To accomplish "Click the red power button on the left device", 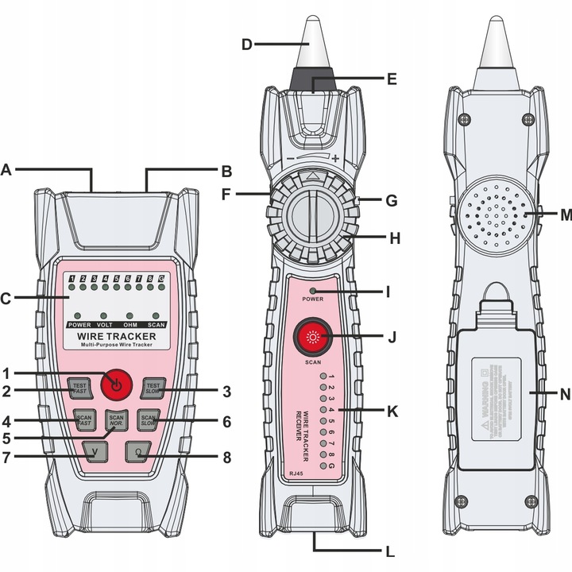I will (x=116, y=385).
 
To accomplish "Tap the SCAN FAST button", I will (x=83, y=420).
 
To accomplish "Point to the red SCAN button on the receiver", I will (x=311, y=337).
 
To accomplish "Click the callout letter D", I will (x=246, y=44).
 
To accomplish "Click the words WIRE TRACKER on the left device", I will (x=116, y=337).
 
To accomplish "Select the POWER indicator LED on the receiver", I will (x=314, y=291).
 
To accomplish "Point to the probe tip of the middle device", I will (x=314, y=36).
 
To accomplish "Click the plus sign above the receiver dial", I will (x=337, y=160).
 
